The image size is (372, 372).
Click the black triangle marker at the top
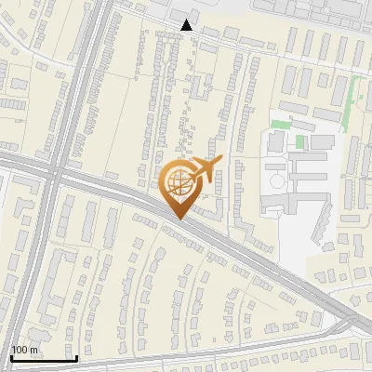(x=187, y=24)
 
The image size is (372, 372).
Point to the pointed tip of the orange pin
(x=179, y=219)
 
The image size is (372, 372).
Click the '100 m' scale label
(x=25, y=350)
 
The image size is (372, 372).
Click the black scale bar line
(x=44, y=358)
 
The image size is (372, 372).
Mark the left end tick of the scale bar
(x=11, y=356)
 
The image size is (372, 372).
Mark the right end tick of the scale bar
(x=76, y=356)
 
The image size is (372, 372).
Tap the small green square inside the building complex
(x=300, y=142)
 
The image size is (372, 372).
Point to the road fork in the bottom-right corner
(x=354, y=323)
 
